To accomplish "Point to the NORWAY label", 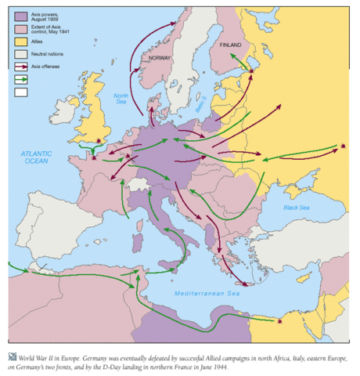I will pyautogui.click(x=160, y=57).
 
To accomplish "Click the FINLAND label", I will pyautogui.click(x=231, y=46).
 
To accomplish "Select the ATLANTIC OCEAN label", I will pyautogui.click(x=35, y=155).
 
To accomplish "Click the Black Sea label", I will pyautogui.click(x=297, y=208).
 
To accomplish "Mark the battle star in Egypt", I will pyautogui.click(x=280, y=320).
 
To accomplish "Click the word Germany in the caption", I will pyautogui.click(x=107, y=345).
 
